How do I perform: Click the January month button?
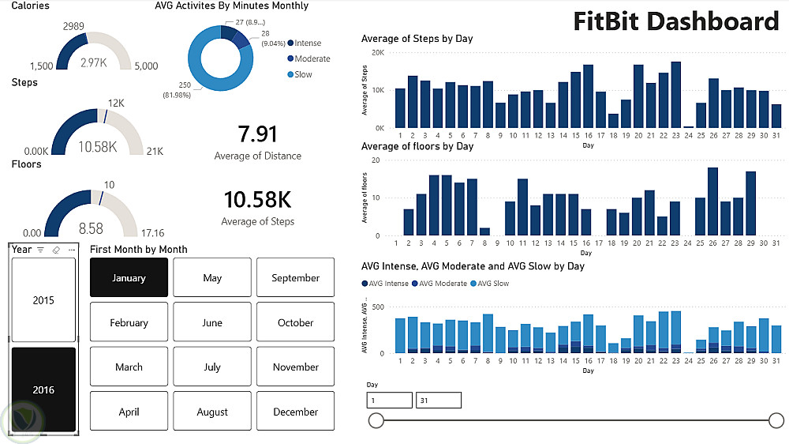click(129, 278)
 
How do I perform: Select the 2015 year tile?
click(43, 300)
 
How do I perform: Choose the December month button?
click(295, 412)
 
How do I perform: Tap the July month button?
click(212, 367)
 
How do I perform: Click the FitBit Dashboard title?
click(676, 21)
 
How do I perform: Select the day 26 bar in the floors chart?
click(713, 201)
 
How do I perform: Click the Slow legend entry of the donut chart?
click(303, 74)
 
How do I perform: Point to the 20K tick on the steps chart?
click(379, 53)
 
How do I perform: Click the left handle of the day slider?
click(376, 420)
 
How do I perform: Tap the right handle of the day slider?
click(776, 420)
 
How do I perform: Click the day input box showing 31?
click(438, 401)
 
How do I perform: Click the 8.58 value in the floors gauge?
click(91, 228)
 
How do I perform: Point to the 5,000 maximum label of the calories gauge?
click(146, 66)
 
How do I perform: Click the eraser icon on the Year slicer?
click(56, 250)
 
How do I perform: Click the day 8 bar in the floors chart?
click(485, 231)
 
